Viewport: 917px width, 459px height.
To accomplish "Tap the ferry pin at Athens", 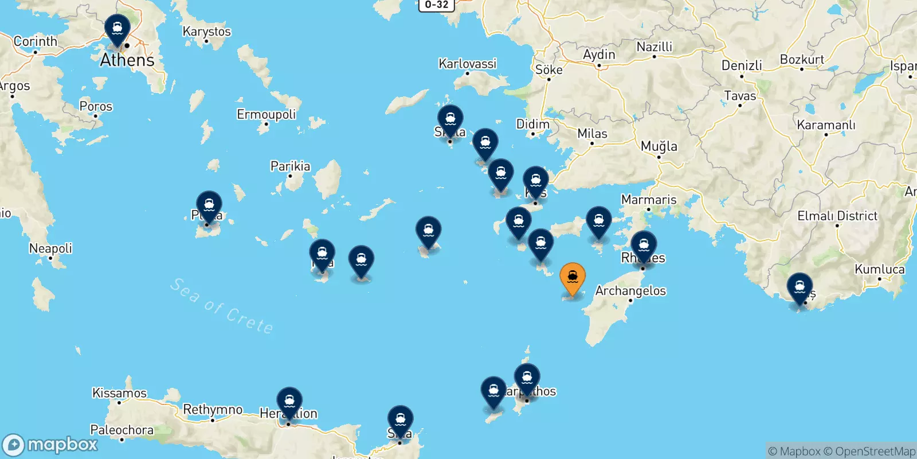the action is point(117,29).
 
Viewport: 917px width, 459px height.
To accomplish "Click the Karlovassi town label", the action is point(467,64).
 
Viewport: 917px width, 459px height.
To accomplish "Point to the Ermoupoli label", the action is point(266,114).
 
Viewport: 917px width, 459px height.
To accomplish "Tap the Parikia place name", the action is point(290,166).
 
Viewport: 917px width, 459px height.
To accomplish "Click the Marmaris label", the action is point(649,200).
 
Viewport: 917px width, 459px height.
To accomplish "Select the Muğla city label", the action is point(659,146).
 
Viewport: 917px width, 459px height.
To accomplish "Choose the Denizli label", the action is point(742,65).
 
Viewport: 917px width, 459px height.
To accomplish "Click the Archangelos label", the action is point(630,291).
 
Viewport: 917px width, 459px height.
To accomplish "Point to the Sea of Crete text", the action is point(221,306).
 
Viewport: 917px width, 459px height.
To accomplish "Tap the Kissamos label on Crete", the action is point(119,393).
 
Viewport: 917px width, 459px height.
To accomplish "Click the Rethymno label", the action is point(213,410).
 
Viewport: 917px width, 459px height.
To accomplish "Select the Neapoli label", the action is point(50,248).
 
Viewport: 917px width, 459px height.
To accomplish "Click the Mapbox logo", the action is point(50,445).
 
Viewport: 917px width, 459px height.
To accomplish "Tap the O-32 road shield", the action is point(436,5).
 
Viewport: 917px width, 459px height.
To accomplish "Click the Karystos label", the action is point(206,32).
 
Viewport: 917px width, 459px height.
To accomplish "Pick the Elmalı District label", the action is point(837,216).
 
